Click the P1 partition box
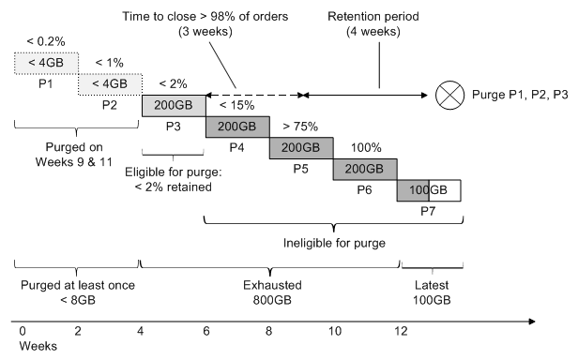click(x=44, y=64)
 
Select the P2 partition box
click(x=109, y=85)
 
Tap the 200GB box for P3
click(x=173, y=106)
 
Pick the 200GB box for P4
click(x=236, y=127)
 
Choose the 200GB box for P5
click(x=300, y=149)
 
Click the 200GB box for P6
click(x=364, y=170)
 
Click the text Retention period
click(x=380, y=18)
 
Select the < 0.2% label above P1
click(x=44, y=43)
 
